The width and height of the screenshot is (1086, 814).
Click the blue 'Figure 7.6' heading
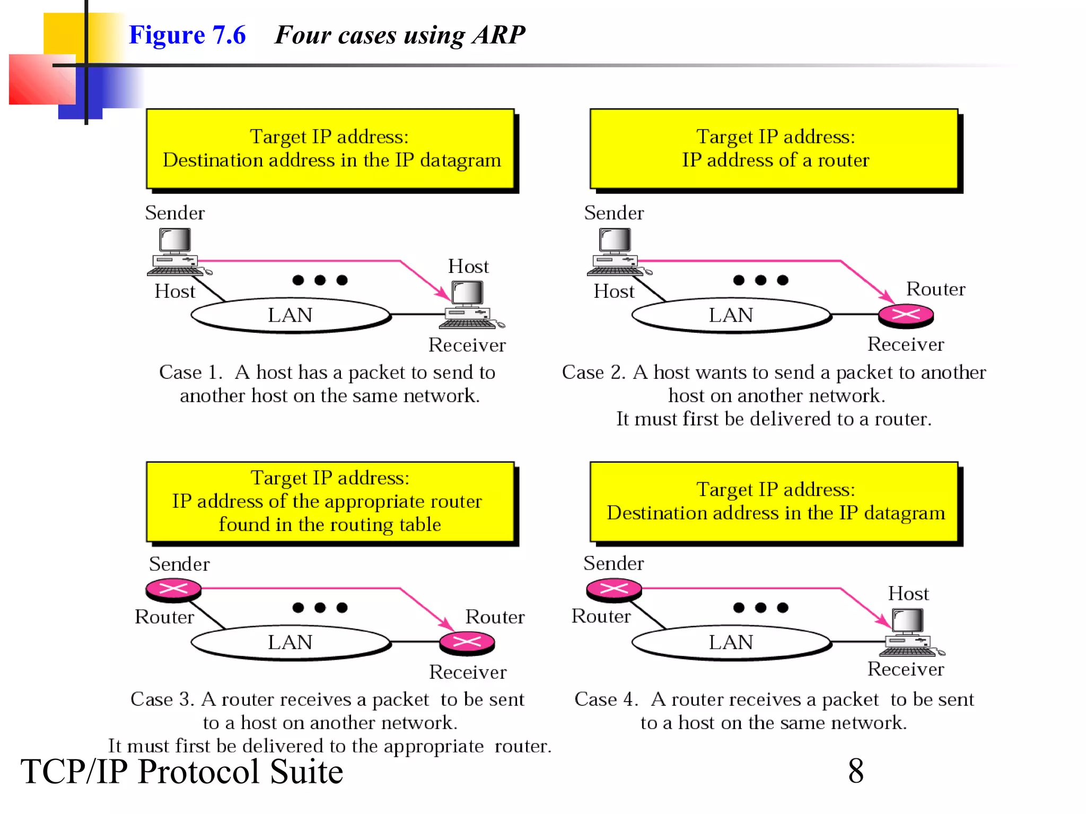pos(187,35)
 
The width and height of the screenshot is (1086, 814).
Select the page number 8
pos(855,771)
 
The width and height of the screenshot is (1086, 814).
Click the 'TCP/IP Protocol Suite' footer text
pos(181,772)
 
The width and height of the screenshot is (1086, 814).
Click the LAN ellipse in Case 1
pos(290,315)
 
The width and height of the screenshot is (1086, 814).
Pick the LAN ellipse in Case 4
pos(731,642)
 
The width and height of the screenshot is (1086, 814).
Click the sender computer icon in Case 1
pos(175,252)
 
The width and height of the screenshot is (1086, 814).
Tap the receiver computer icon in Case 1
pos(469,305)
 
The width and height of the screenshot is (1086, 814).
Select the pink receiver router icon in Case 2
pos(905,315)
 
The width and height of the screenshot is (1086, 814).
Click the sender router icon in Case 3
pos(173,589)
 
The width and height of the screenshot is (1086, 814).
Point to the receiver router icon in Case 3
pos(467,642)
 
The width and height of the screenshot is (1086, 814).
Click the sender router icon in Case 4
pos(614,589)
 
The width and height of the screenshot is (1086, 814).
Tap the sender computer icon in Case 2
pos(615,252)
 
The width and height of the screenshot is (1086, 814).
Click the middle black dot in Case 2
pos(760,280)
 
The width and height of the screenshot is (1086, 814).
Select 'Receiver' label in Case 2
pos(905,344)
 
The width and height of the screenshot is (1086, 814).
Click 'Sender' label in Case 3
pos(179,564)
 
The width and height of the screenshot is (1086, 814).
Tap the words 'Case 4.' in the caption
pos(606,700)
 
